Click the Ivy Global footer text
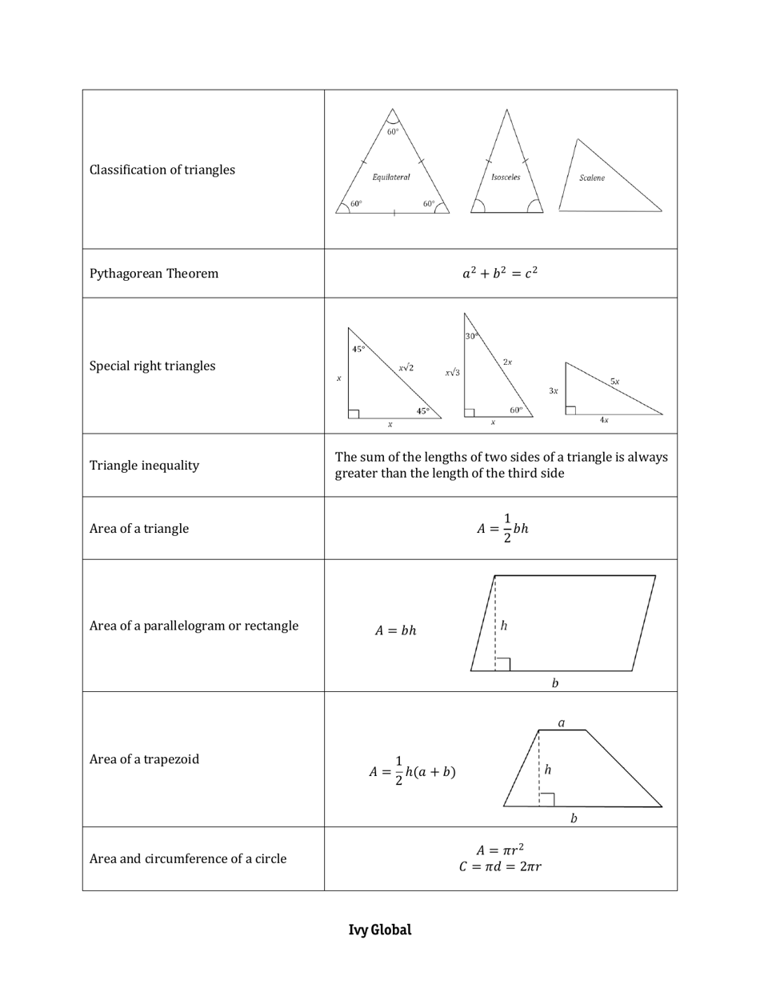point(379,930)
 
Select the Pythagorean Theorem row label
point(154,274)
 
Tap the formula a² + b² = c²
point(500,274)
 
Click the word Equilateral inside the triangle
point(391,177)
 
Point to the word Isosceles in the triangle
point(506,177)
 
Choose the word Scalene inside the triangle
point(592,178)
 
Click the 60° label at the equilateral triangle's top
point(393,132)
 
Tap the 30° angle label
point(472,336)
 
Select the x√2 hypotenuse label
point(406,368)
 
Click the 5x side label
point(614,382)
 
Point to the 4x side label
point(604,420)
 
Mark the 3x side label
point(553,391)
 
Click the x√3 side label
point(453,372)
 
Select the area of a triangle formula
point(502,529)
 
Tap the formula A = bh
point(396,630)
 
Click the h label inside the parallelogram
point(504,626)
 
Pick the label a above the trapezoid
point(562,722)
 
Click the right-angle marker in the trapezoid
point(546,799)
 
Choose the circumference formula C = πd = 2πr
point(500,866)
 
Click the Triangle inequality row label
point(144,466)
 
